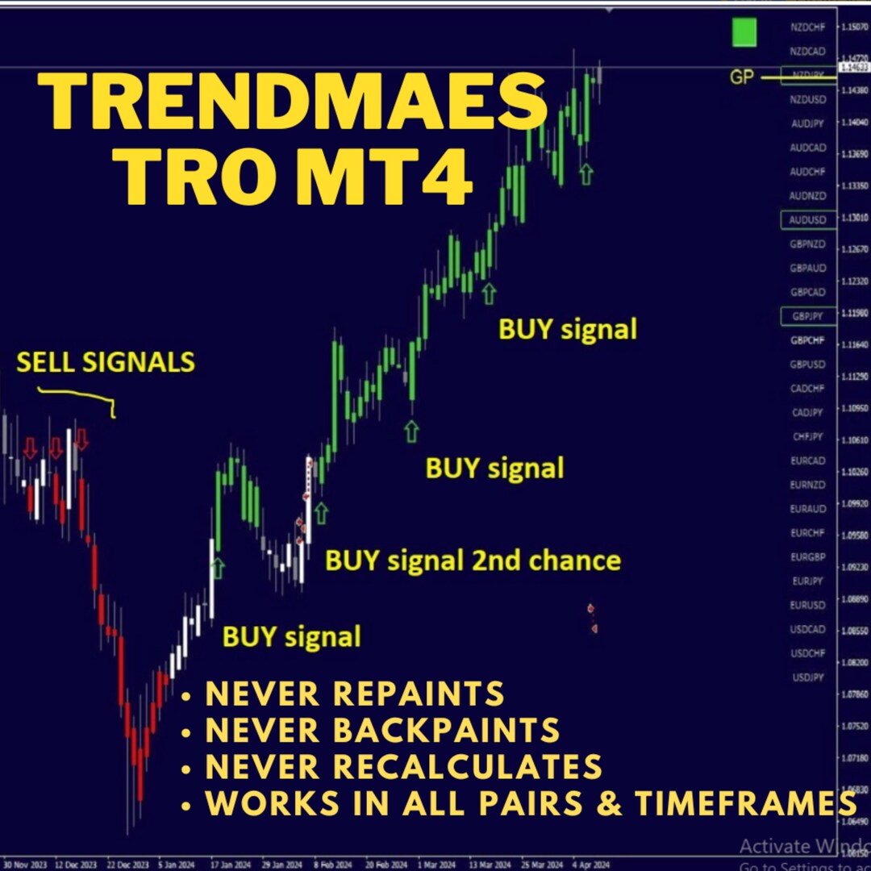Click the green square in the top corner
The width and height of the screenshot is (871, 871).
tap(744, 32)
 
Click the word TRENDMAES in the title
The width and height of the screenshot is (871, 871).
tap(292, 102)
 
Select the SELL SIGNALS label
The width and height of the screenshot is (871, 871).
tap(106, 362)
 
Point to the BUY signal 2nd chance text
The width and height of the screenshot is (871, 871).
tap(473, 561)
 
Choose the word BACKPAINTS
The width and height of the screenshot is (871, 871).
tap(447, 730)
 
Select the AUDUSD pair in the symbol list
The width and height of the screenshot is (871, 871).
tap(808, 220)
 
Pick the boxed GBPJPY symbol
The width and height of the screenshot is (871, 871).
tap(808, 316)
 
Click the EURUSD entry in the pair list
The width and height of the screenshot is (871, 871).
tap(808, 605)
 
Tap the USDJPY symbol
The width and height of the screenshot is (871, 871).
tap(808, 677)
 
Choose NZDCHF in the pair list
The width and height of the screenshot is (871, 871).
tap(808, 27)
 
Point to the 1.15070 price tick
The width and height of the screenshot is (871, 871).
tap(854, 27)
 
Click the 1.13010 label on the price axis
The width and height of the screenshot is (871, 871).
tap(854, 219)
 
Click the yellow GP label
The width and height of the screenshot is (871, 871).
tap(741, 77)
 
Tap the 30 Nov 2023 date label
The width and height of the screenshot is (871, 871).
tap(24, 862)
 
